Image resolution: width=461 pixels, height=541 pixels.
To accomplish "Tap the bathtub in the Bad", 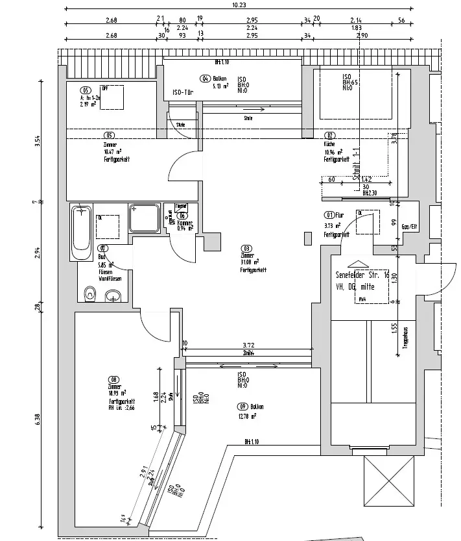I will [81, 233].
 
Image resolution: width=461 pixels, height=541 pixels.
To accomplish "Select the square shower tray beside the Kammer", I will [145, 218].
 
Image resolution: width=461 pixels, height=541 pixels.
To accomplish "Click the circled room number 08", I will [114, 380].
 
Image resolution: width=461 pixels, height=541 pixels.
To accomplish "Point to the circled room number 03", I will [246, 248].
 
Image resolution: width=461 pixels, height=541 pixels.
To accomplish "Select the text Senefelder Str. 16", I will [359, 274].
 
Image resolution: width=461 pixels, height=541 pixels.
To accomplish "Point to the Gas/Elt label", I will [410, 227].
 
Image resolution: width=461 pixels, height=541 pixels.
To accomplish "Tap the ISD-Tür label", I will [184, 92].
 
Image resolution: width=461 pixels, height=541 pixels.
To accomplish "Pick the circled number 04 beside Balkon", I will [204, 79].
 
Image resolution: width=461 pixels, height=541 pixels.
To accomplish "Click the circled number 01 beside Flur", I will [329, 216].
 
